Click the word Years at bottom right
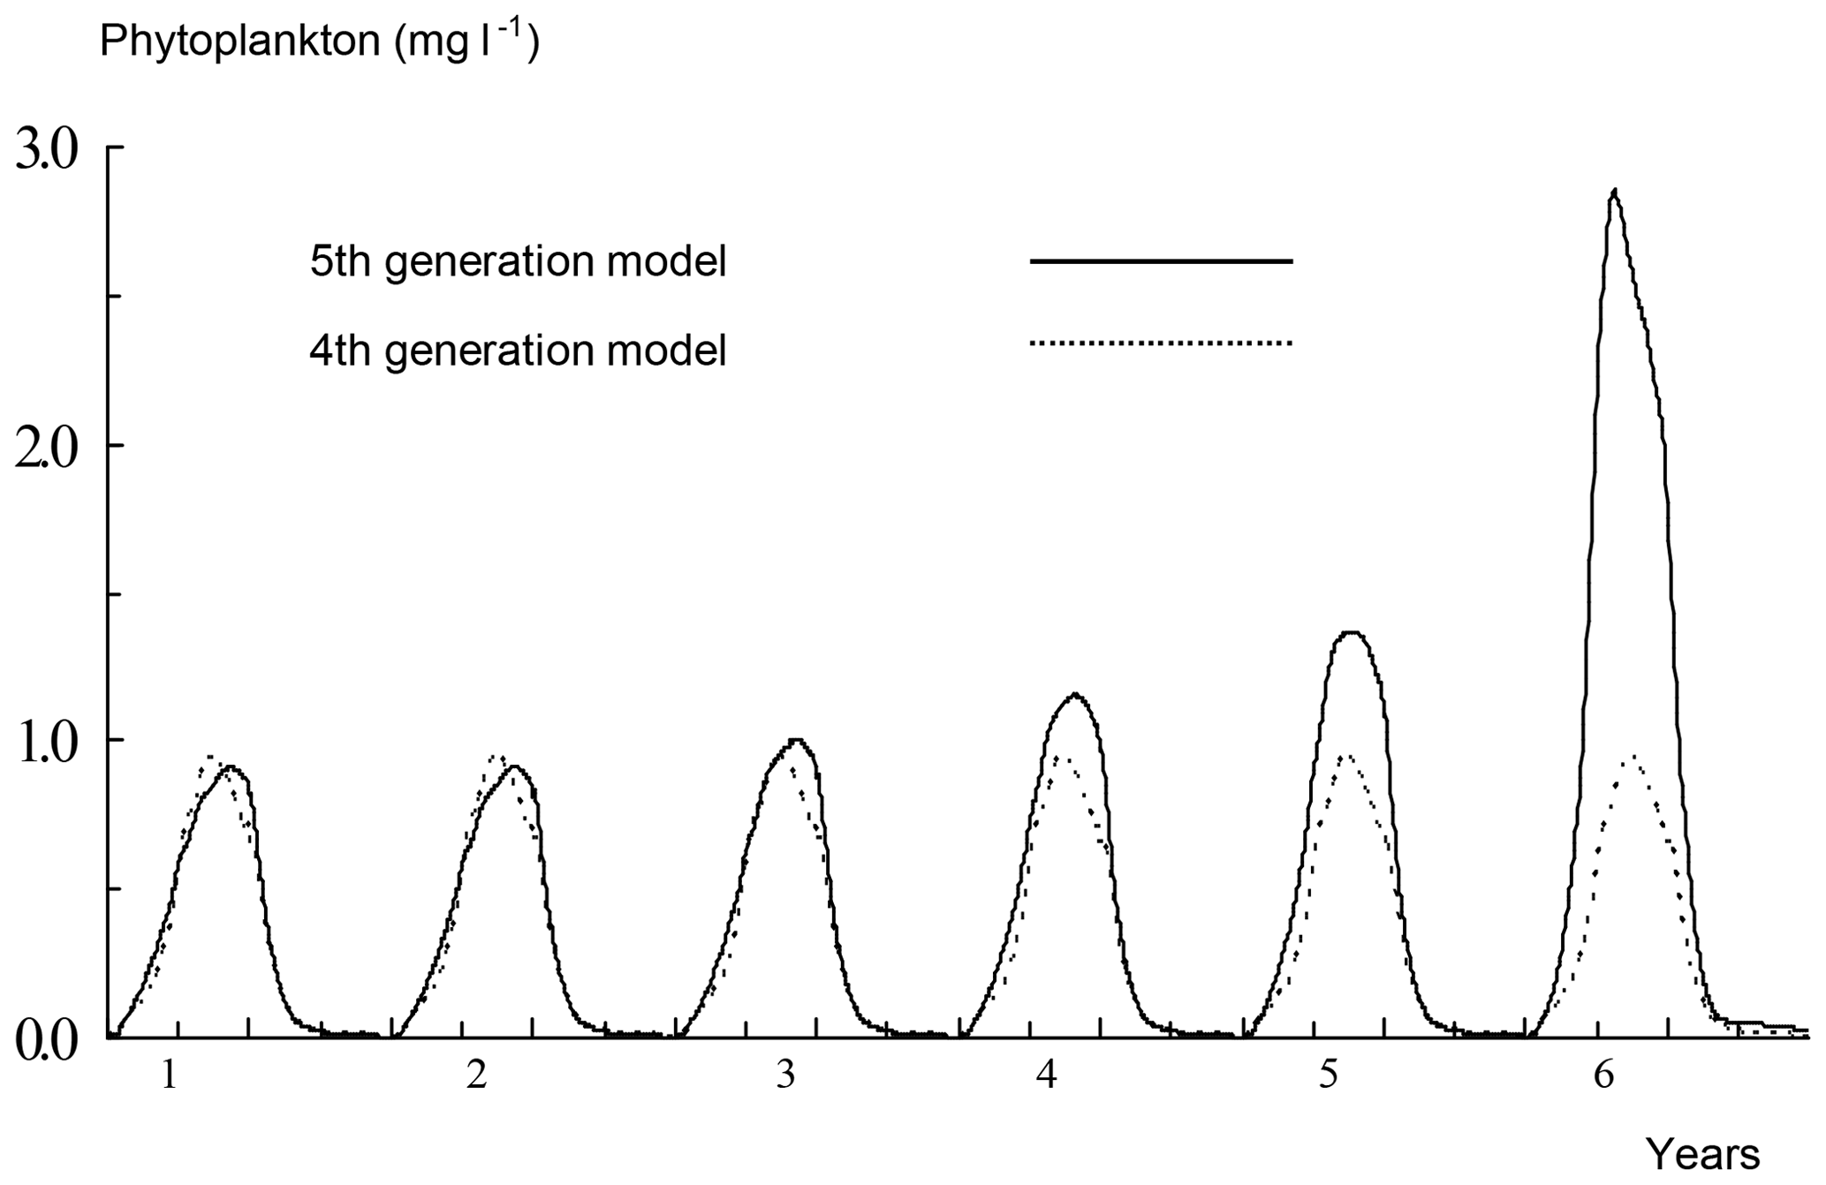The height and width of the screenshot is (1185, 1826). [1702, 1154]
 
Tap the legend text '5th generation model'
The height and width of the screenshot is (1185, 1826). [518, 261]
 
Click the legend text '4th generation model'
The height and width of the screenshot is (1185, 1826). [518, 351]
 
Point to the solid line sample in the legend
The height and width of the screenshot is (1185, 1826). [1161, 261]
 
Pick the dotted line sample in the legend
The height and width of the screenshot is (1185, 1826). [1161, 343]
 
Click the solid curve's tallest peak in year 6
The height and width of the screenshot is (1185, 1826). [1615, 191]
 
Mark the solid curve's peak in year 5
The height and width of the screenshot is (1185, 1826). [1351, 633]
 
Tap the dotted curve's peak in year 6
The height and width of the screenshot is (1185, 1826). [1633, 758]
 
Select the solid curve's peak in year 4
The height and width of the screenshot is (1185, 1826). [1074, 695]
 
